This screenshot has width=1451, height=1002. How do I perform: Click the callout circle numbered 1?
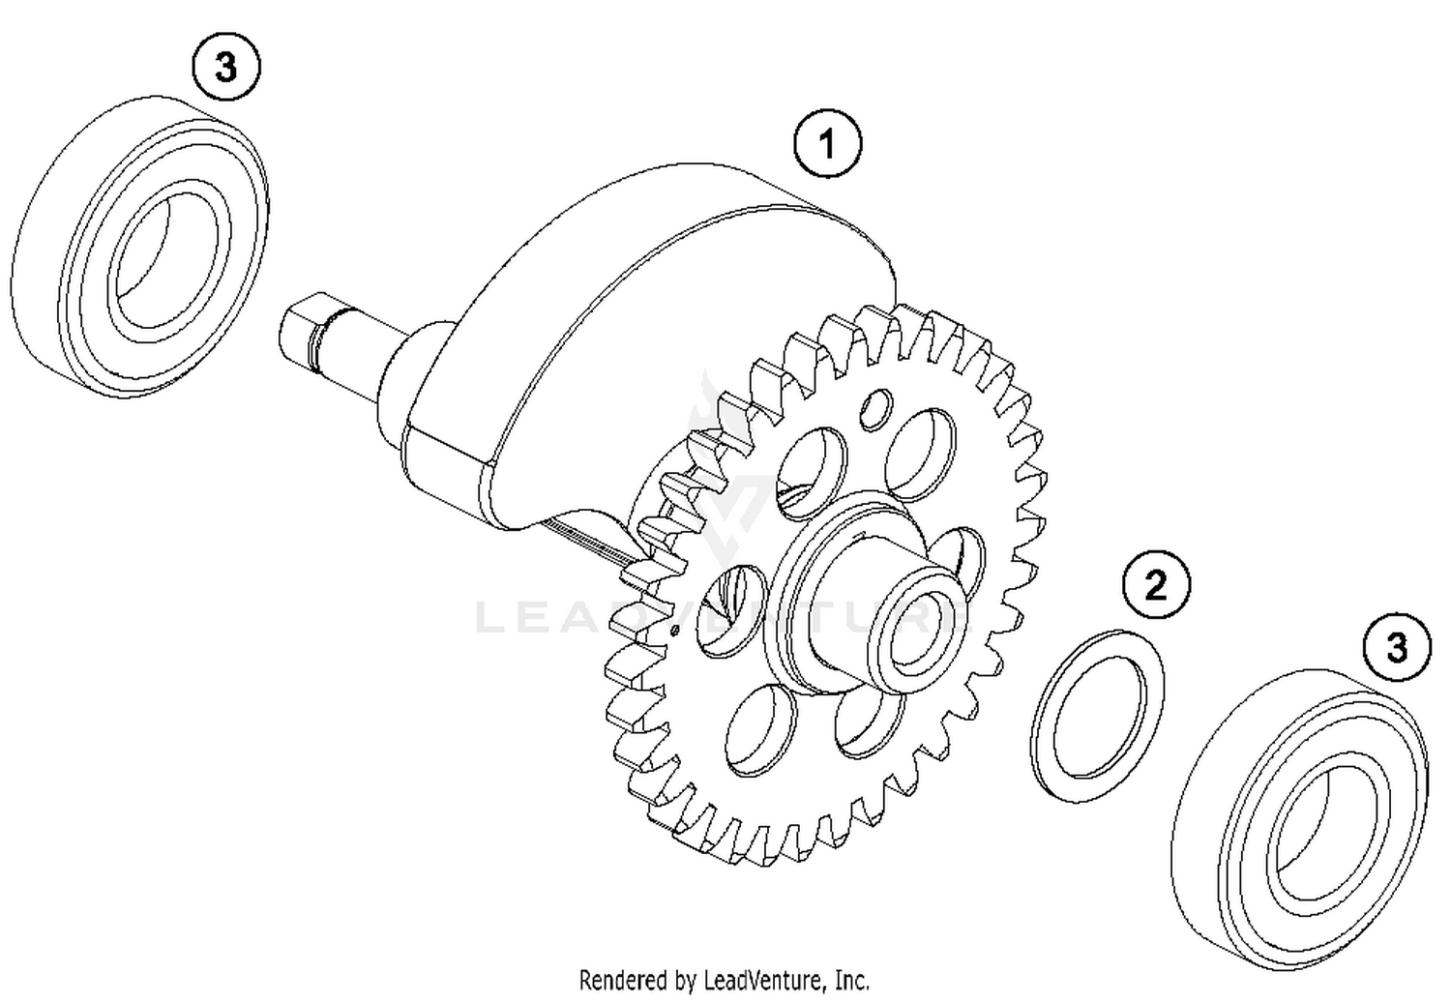tap(826, 145)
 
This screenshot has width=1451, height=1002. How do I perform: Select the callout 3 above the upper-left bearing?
tap(225, 68)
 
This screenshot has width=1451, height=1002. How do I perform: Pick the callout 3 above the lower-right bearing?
tap(1396, 647)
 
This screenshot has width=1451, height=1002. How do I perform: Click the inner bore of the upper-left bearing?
tap(160, 259)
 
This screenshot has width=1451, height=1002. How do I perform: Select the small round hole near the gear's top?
tap(877, 408)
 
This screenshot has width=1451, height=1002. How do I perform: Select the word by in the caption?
tap(683, 980)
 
